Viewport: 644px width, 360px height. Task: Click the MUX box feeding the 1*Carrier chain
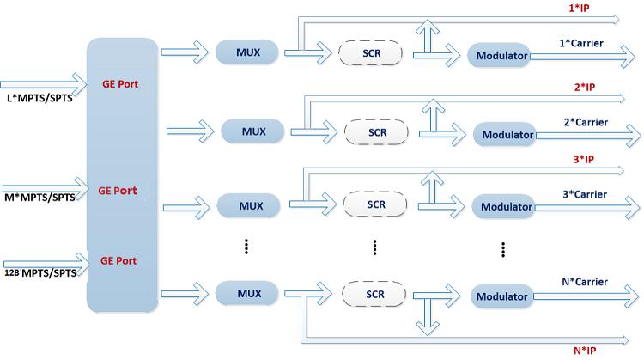pyautogui.click(x=246, y=52)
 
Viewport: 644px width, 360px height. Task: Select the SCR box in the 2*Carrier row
pyautogui.click(x=376, y=132)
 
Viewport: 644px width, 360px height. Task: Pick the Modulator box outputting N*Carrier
pyautogui.click(x=502, y=296)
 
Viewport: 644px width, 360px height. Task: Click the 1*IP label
pyautogui.click(x=579, y=8)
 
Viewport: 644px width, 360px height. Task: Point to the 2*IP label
pyautogui.click(x=585, y=87)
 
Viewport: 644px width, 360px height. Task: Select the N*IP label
pyautogui.click(x=585, y=351)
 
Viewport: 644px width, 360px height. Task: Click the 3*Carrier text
pyautogui.click(x=585, y=194)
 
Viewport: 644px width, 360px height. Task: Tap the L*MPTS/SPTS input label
pyautogui.click(x=39, y=98)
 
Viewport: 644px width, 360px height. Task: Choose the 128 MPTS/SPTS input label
pyautogui.click(x=40, y=273)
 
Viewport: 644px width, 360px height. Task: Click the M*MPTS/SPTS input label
pyautogui.click(x=39, y=198)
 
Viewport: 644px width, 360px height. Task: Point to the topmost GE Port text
pyautogui.click(x=120, y=84)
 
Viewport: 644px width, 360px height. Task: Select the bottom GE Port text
pyautogui.click(x=118, y=260)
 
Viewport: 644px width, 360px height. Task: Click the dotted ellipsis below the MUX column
pyautogui.click(x=246, y=247)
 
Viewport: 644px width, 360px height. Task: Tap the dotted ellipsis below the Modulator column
pyautogui.click(x=503, y=249)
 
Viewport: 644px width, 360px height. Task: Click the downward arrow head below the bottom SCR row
pyautogui.click(x=427, y=328)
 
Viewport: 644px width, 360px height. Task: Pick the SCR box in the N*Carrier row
pyautogui.click(x=374, y=294)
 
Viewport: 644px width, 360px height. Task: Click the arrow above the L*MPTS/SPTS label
pyautogui.click(x=44, y=85)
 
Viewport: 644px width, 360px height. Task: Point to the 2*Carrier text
pyautogui.click(x=586, y=122)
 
